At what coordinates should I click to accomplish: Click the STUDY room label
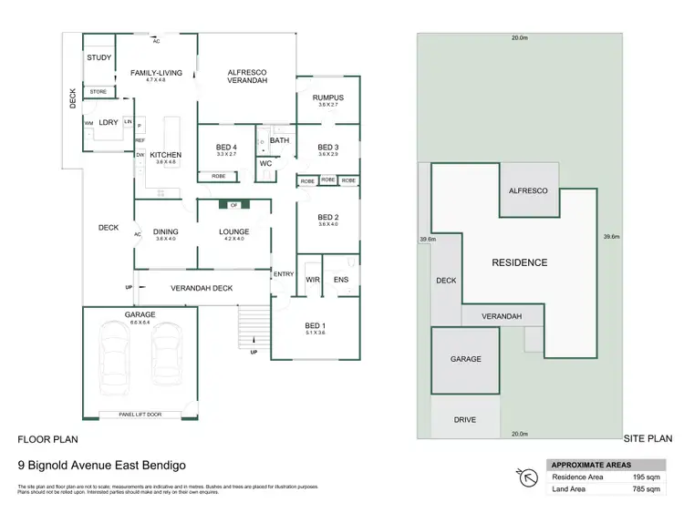98,58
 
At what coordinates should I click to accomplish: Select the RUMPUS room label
327,98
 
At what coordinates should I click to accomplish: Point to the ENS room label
341,280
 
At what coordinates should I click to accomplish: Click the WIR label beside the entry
312,280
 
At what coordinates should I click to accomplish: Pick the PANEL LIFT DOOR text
140,414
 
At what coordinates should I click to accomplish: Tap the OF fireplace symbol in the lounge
233,205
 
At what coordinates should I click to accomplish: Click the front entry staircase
249,325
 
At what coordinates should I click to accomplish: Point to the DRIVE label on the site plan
465,420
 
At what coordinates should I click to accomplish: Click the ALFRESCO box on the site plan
528,190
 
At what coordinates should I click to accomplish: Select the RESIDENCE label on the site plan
520,262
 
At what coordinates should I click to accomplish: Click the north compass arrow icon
526,475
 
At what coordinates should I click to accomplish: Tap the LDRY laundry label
108,122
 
